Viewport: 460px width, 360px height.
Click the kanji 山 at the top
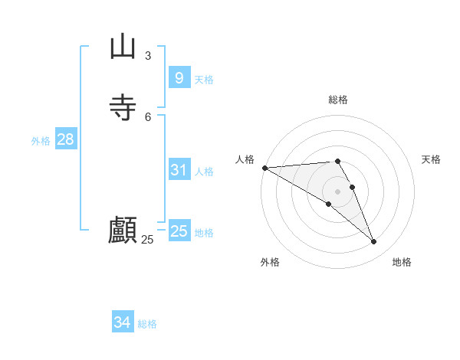point(123,47)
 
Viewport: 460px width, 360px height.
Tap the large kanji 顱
point(123,230)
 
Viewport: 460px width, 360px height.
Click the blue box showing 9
point(179,78)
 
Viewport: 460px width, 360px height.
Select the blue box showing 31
point(179,170)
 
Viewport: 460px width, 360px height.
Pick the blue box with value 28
point(65,139)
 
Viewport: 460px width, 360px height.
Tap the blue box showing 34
point(122,322)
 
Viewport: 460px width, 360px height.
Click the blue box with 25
point(179,231)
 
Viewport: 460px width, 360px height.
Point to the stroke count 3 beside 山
point(148,55)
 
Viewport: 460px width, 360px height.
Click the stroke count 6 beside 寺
point(148,116)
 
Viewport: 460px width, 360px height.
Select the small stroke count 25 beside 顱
point(148,239)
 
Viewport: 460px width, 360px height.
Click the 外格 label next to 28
point(41,141)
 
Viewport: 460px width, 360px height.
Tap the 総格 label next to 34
point(147,324)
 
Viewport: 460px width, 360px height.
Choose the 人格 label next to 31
point(204,172)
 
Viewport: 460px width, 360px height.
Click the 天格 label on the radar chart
point(432,159)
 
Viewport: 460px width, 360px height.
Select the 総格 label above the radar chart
point(338,100)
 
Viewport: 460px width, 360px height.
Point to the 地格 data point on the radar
point(373,242)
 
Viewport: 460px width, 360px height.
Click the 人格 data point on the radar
point(264,168)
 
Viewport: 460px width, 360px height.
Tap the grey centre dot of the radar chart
point(337,191)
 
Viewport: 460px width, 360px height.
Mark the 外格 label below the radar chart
point(270,262)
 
